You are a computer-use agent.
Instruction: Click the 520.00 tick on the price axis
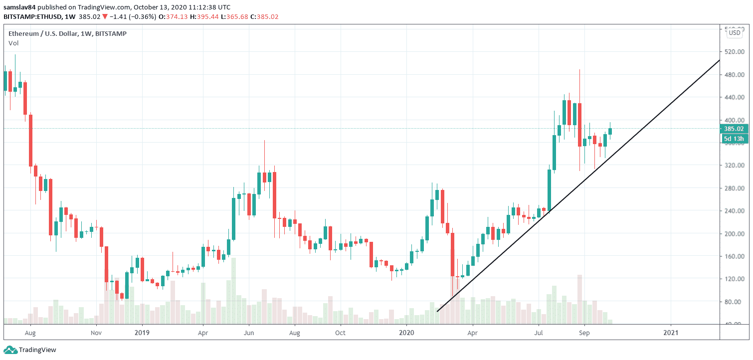pyautogui.click(x=735, y=52)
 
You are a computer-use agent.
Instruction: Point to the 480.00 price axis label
pyautogui.click(x=735, y=75)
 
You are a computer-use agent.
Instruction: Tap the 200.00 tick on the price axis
pyautogui.click(x=735, y=234)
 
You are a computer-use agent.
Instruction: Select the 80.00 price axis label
pyautogui.click(x=735, y=302)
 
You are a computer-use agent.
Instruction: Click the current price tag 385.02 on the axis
pyautogui.click(x=734, y=129)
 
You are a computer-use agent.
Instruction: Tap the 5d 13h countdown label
pyautogui.click(x=734, y=139)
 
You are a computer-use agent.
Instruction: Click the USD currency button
pyautogui.click(x=734, y=33)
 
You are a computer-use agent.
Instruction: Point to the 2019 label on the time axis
pyautogui.click(x=142, y=332)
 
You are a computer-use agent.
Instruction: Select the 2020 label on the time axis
pyautogui.click(x=407, y=332)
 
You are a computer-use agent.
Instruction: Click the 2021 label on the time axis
pyautogui.click(x=671, y=332)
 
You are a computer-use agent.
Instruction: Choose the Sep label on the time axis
pyautogui.click(x=585, y=332)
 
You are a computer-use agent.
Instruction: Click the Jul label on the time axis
pyautogui.click(x=539, y=332)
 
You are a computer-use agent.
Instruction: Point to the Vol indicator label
pyautogui.click(x=13, y=43)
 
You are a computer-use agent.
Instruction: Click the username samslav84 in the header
pyautogui.click(x=20, y=7)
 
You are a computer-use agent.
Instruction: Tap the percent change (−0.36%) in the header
pyautogui.click(x=129, y=16)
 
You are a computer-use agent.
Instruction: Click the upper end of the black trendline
pyautogui.click(x=719, y=60)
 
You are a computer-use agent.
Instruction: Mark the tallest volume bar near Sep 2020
pyautogui.click(x=580, y=298)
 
